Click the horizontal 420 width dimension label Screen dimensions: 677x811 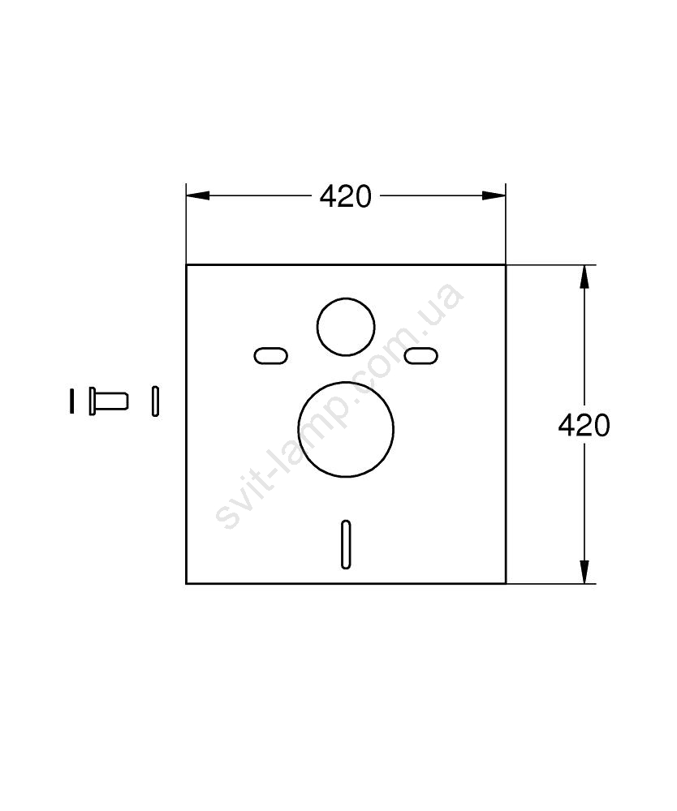(345, 196)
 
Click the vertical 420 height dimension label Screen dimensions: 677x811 (584, 426)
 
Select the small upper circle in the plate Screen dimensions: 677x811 (346, 298)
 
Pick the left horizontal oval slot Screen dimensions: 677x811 (270, 356)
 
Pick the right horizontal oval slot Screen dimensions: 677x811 (420, 356)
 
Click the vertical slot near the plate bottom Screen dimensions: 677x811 (346, 545)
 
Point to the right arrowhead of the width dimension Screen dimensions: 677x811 (494, 195)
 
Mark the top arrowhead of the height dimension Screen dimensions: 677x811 (584, 277)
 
